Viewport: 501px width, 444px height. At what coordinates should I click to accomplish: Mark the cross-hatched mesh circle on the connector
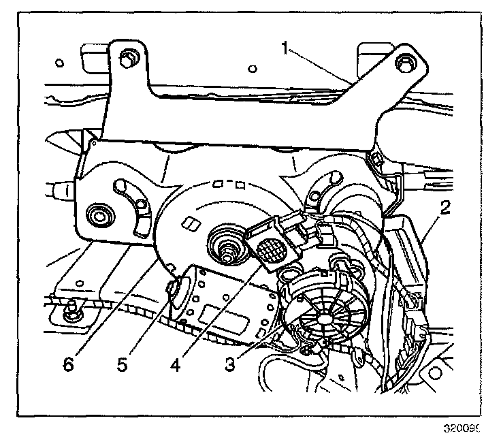[x=273, y=249]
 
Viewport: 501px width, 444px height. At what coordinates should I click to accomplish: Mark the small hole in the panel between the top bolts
[x=253, y=68]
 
